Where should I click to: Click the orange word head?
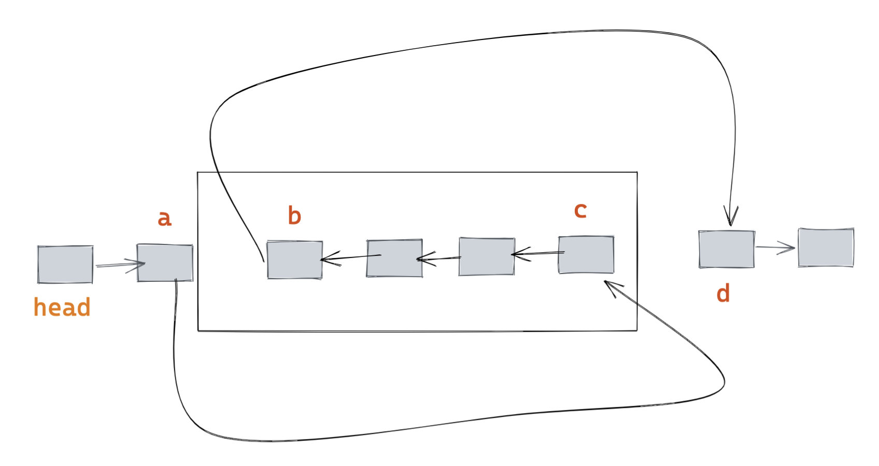click(62, 307)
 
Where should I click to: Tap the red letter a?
click(164, 218)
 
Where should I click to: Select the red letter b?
click(294, 215)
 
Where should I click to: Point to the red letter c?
click(580, 210)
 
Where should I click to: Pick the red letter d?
click(723, 294)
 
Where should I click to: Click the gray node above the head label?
click(65, 265)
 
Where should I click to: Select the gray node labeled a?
click(165, 263)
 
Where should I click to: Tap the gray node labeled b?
click(295, 259)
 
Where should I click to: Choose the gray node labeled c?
click(586, 255)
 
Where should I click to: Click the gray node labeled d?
click(727, 249)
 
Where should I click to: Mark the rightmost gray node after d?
click(826, 248)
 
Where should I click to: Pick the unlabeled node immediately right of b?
click(394, 258)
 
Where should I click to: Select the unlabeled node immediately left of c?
click(487, 256)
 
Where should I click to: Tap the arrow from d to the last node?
click(775, 248)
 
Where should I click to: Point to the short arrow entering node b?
click(350, 257)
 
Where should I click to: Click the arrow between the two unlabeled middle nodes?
click(438, 258)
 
